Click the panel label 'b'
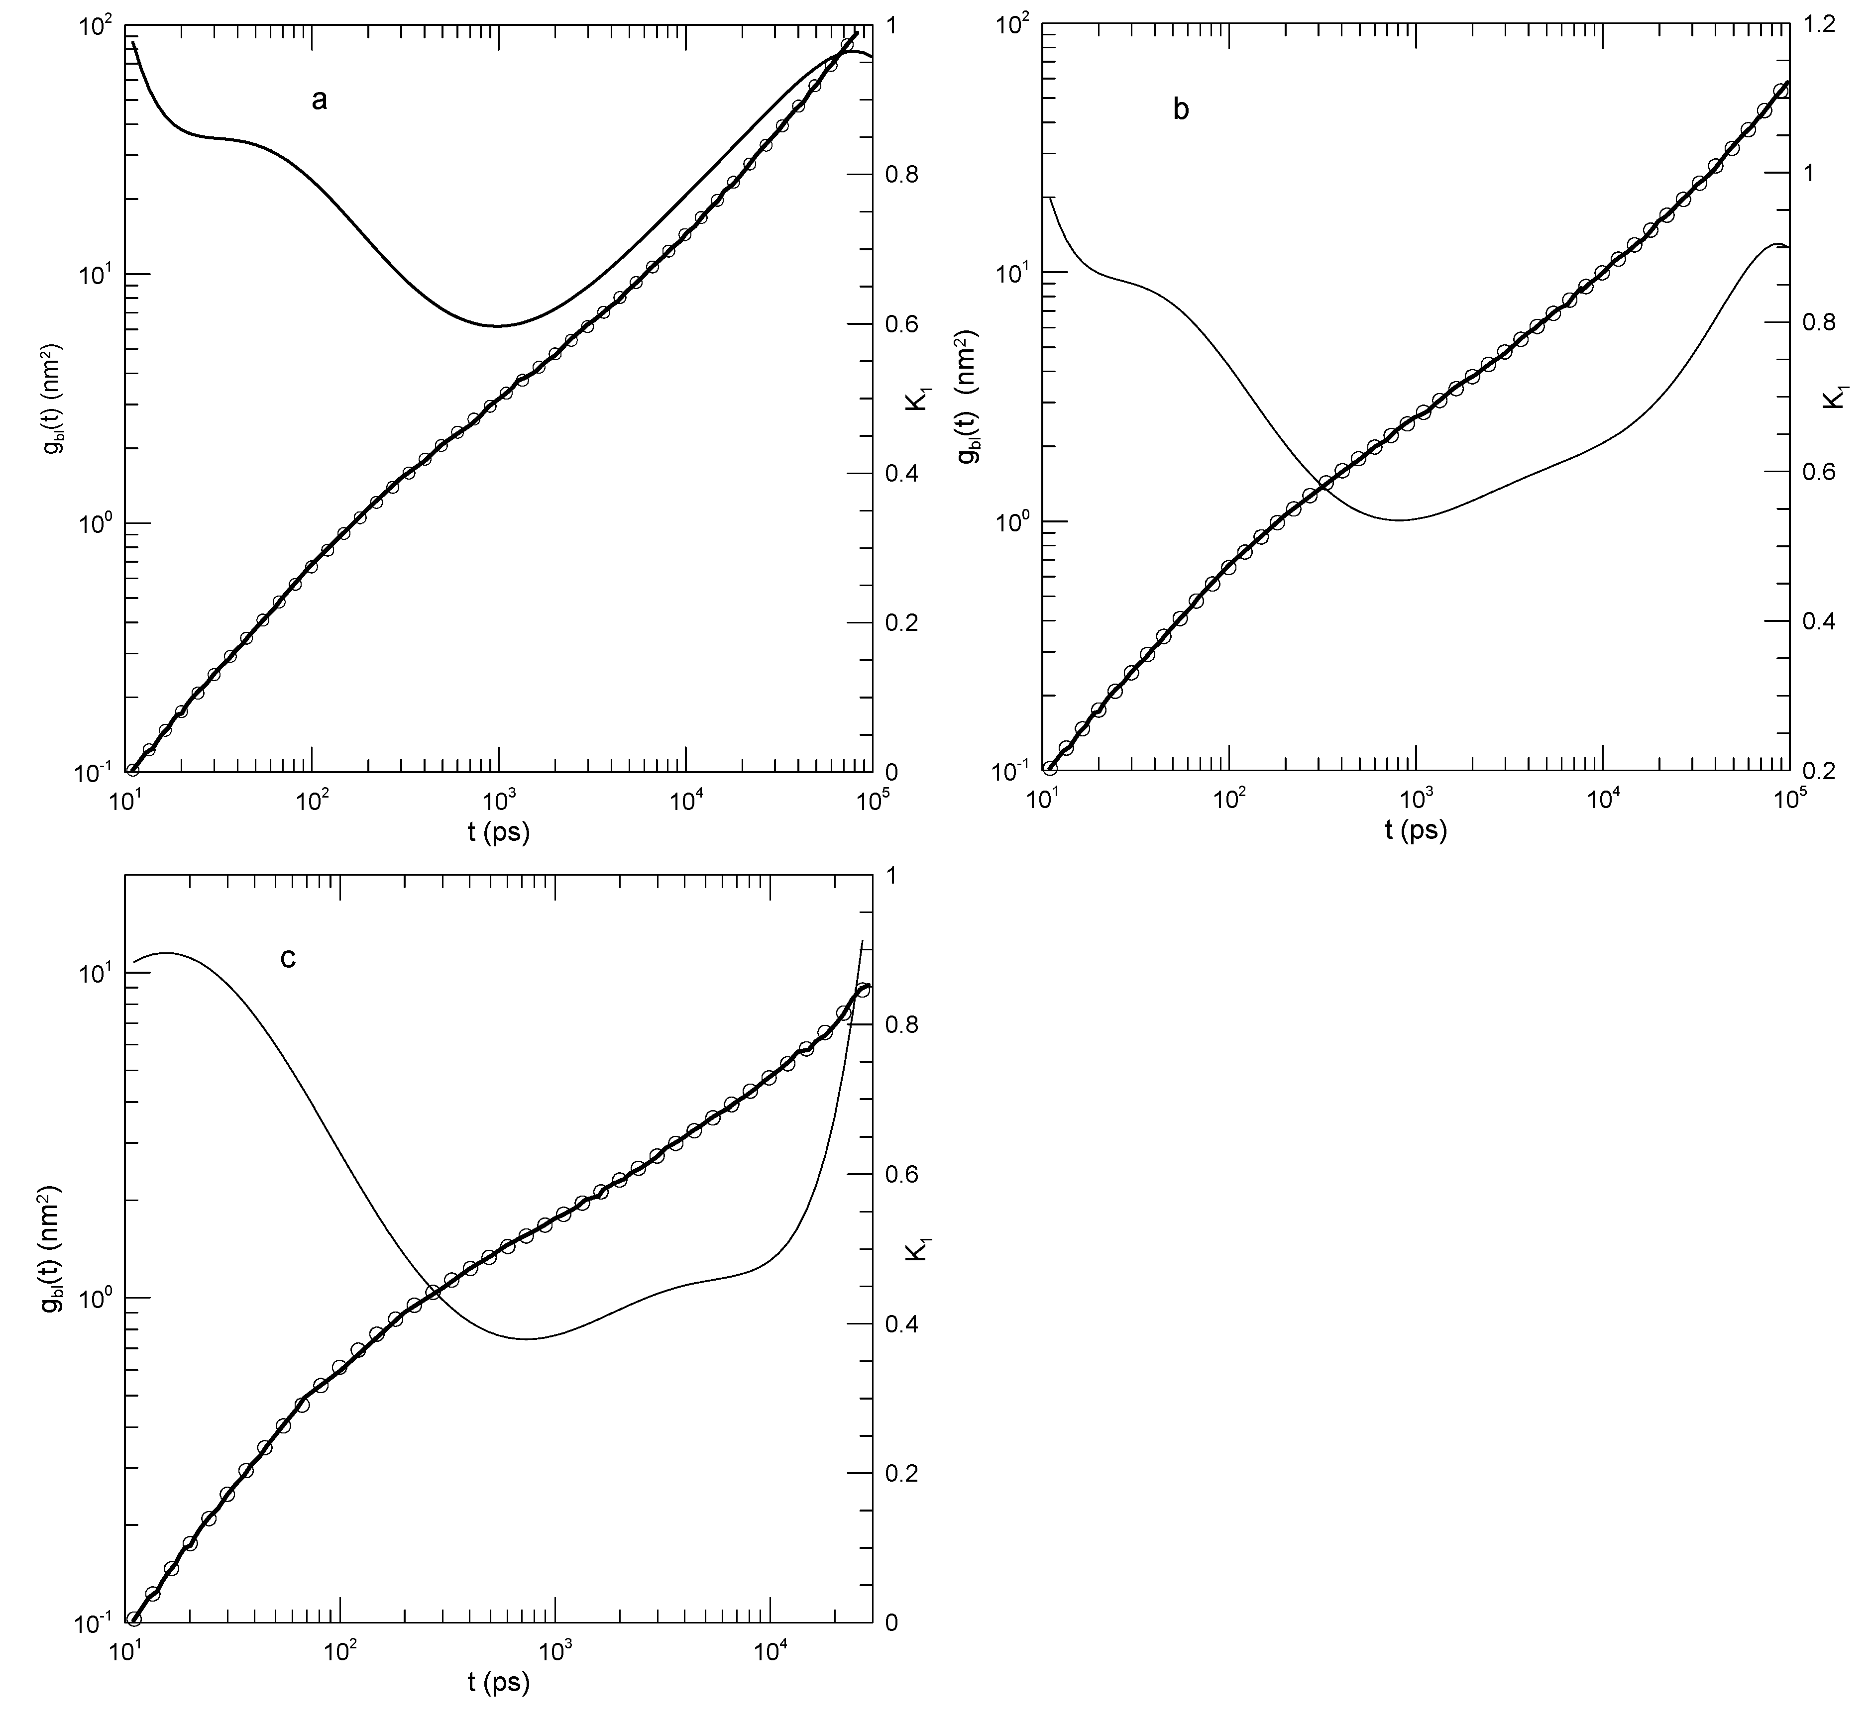pyautogui.click(x=1181, y=110)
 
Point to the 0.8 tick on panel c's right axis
pyautogui.click(x=900, y=1025)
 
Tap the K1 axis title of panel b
pyautogui.click(x=1833, y=399)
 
